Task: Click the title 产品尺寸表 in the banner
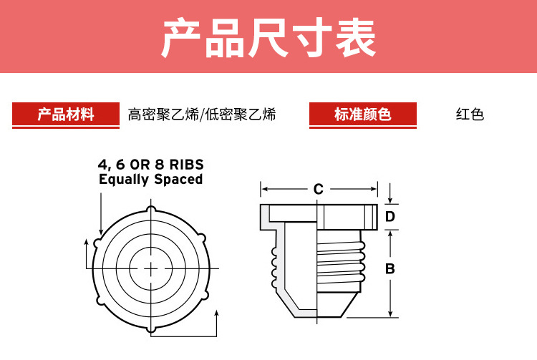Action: point(268,38)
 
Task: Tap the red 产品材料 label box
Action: point(66,114)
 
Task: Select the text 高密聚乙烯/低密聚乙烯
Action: point(202,115)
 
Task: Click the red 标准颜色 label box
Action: point(362,114)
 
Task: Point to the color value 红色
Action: point(470,115)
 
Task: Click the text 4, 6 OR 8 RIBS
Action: point(150,165)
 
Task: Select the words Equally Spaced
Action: point(150,180)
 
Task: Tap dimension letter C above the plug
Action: point(319,190)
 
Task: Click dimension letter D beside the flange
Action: point(390,216)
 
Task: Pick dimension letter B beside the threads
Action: point(390,269)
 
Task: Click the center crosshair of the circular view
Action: point(151,268)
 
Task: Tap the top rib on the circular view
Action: point(151,209)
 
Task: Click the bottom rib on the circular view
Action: point(151,328)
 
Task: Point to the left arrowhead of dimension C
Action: point(263,190)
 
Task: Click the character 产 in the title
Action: point(182,38)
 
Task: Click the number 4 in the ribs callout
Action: point(102,165)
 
